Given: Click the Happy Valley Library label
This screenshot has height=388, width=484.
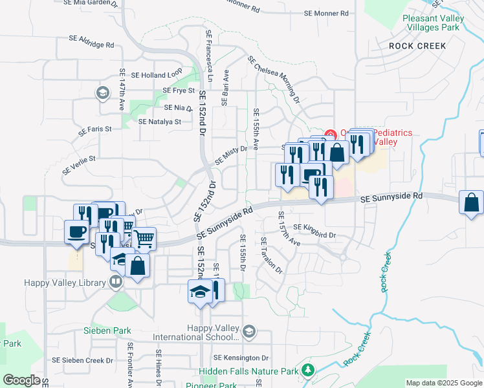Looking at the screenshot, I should point(65,283).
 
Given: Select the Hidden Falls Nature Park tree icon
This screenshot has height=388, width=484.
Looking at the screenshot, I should point(309,370).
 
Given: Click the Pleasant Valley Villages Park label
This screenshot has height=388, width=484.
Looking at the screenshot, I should point(435,23).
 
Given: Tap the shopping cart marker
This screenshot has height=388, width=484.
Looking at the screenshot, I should point(144,238).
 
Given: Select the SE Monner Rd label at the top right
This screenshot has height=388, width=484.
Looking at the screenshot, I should point(325,13).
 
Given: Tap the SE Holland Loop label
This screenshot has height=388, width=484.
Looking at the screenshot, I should point(157,75).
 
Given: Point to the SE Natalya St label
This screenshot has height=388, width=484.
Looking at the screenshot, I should point(160,121).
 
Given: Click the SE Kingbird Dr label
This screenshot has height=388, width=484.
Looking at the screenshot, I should point(314,227).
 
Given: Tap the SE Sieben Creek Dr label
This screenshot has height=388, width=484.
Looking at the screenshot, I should point(83,360).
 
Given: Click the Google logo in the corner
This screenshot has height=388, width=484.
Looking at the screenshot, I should point(21,380).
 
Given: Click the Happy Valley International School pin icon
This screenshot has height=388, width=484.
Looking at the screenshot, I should point(248,332).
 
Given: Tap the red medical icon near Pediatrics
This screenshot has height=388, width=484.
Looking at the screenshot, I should point(329,135).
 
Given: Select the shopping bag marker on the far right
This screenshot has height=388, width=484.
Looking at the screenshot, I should point(471,202).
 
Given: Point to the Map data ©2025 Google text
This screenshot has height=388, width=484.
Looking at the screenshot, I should point(443,383).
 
